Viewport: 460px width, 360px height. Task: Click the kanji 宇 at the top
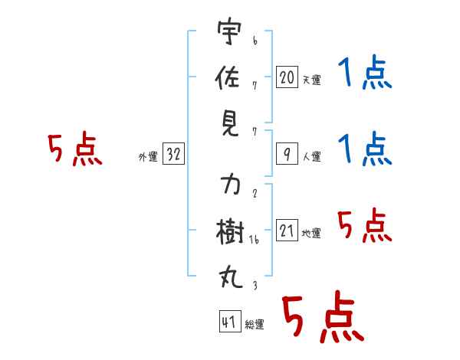(x=229, y=31)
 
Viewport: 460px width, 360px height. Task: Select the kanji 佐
(x=228, y=77)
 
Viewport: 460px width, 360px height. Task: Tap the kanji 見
(x=230, y=124)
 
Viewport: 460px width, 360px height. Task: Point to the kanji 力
(x=231, y=184)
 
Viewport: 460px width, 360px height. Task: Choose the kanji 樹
(x=230, y=231)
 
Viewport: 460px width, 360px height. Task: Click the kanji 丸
(x=231, y=277)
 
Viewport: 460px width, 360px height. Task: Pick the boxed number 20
(x=287, y=77)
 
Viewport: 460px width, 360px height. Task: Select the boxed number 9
(x=287, y=154)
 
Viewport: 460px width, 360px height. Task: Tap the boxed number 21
(x=287, y=230)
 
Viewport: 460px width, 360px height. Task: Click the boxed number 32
(x=173, y=153)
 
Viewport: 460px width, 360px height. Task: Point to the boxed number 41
(x=230, y=321)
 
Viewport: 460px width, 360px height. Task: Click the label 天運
(x=312, y=80)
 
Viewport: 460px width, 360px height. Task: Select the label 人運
(x=312, y=156)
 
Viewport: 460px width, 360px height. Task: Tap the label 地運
(x=311, y=233)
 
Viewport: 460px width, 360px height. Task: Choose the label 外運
(x=148, y=157)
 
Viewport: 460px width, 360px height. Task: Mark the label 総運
(x=255, y=325)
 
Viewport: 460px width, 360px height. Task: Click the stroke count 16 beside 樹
(x=254, y=240)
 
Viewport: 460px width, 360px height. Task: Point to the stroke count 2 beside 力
(x=255, y=193)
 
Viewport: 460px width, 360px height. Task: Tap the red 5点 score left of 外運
(x=75, y=149)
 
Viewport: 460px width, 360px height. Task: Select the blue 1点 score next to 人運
(x=365, y=149)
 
